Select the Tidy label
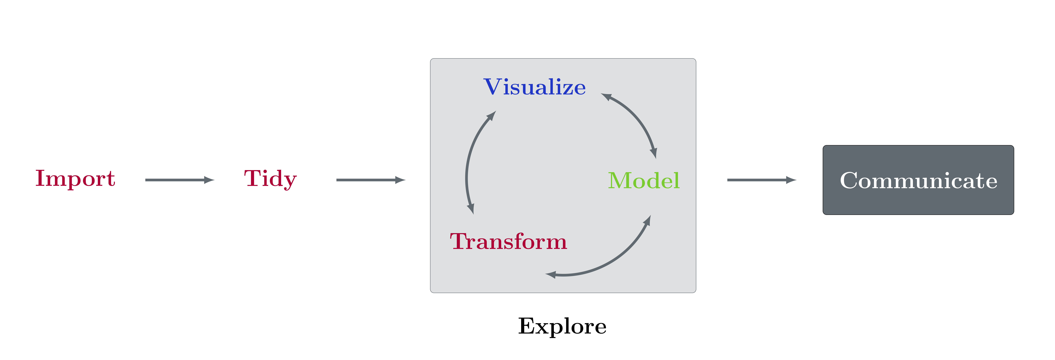point(270,179)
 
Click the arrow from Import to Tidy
point(180,180)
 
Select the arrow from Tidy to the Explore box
point(371,180)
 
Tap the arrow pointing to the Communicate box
point(762,180)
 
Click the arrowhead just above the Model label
point(654,153)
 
